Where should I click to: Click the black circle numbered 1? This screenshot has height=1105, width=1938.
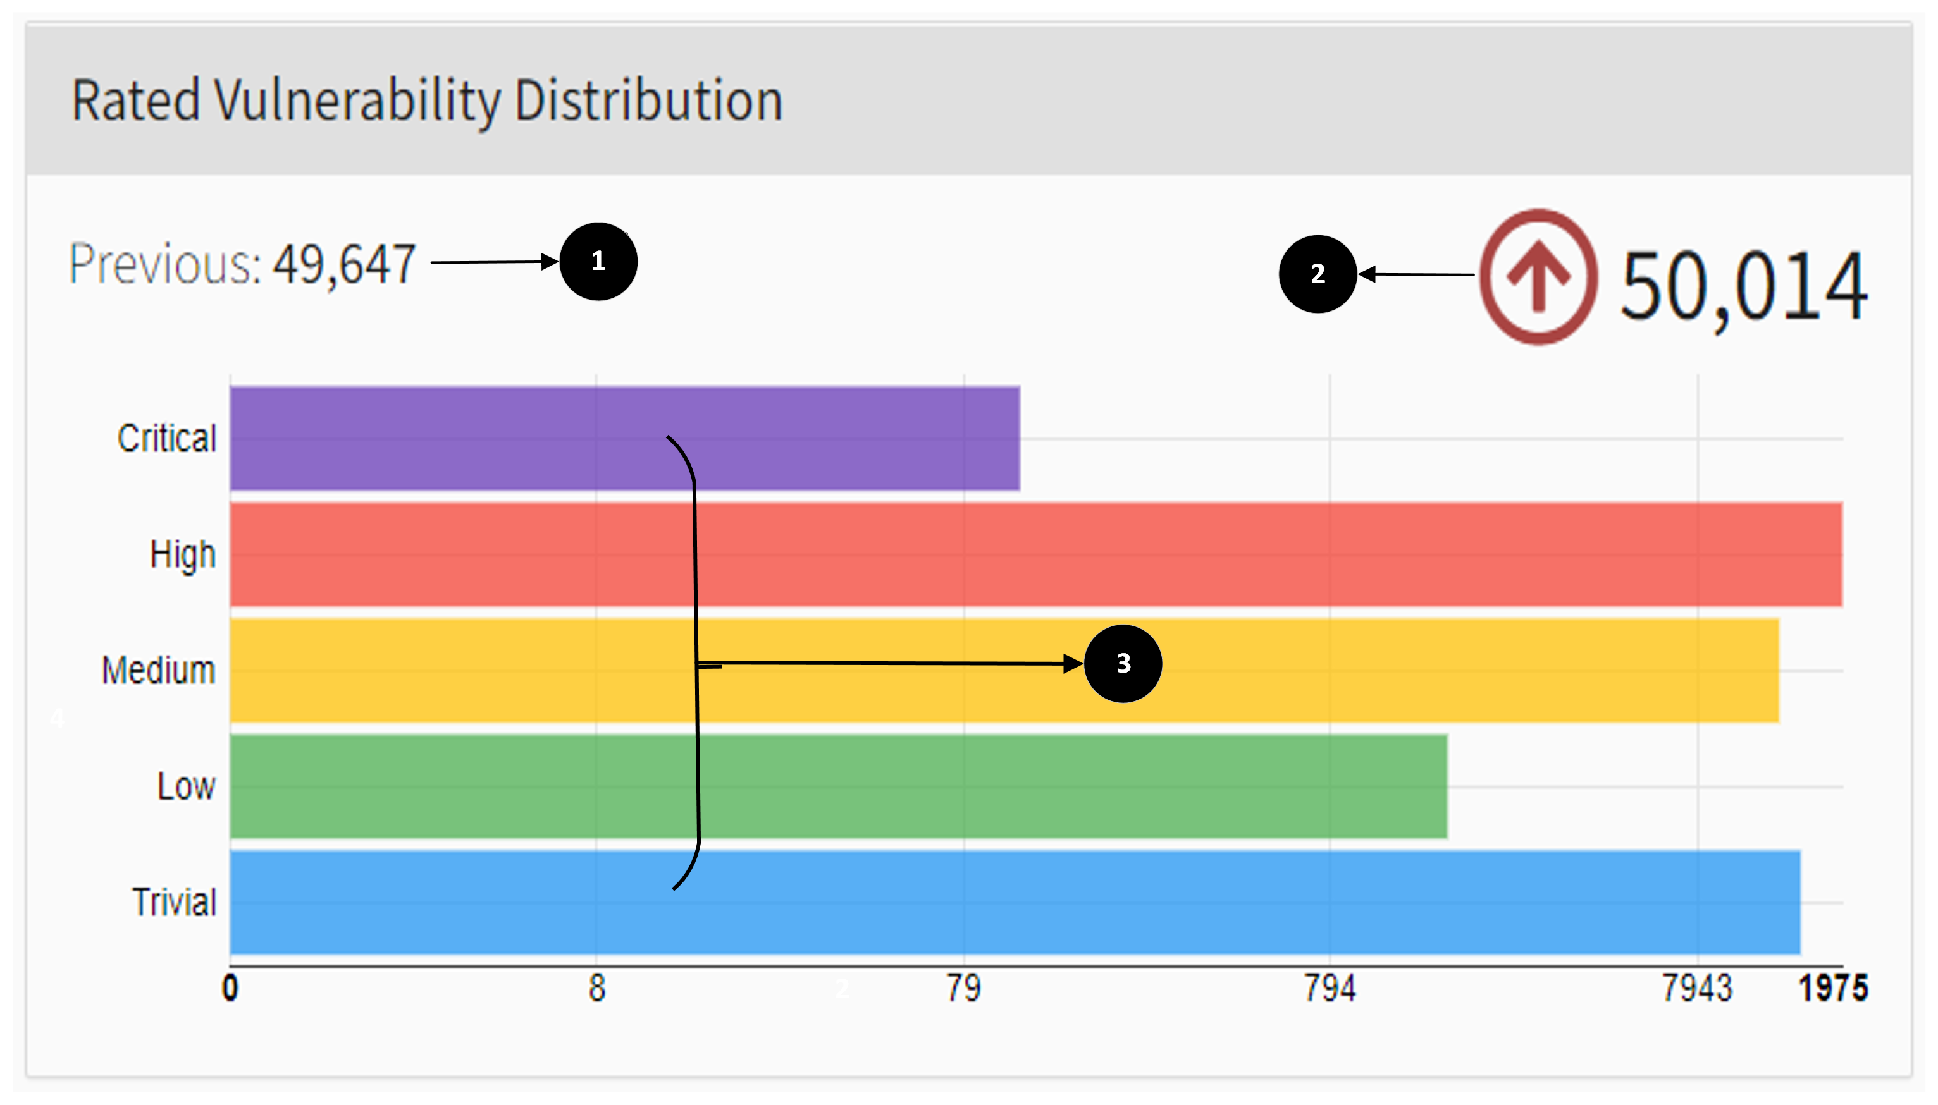click(x=598, y=261)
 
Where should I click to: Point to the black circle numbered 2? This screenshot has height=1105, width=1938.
click(x=1317, y=274)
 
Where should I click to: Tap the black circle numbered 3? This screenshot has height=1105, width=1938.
click(x=1123, y=663)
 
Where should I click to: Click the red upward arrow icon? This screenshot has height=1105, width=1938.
click(x=1538, y=277)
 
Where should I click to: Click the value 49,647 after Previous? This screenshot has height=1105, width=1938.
click(x=344, y=264)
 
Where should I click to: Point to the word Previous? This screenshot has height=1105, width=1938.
click(x=164, y=264)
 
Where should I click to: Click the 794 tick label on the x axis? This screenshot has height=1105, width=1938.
click(x=1329, y=988)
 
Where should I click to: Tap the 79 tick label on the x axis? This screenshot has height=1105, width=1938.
click(x=963, y=988)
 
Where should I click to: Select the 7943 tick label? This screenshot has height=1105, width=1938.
click(x=1698, y=988)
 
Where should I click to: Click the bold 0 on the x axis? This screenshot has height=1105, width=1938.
click(x=230, y=988)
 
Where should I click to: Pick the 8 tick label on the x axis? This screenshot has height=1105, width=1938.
click(x=596, y=988)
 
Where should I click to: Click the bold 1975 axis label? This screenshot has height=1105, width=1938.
click(x=1832, y=988)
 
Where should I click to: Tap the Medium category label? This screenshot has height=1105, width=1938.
click(x=159, y=670)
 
